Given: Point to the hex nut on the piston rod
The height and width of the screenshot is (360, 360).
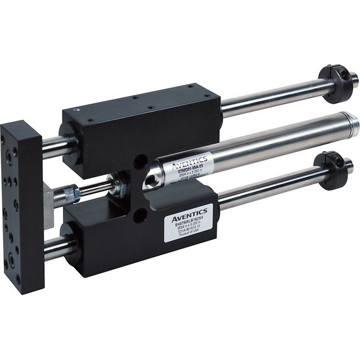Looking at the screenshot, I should [x=75, y=193].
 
